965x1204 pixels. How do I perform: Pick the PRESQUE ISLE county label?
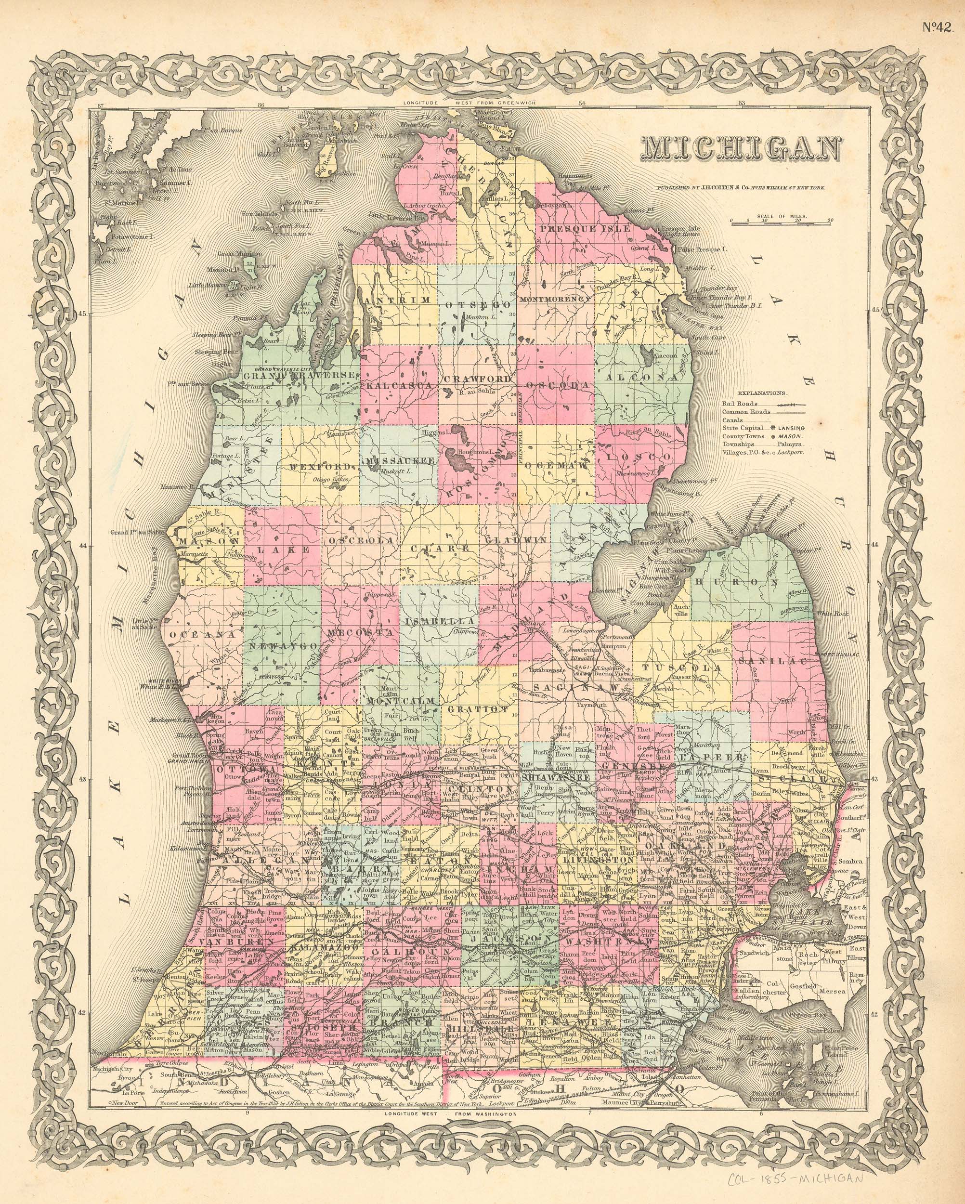point(583,228)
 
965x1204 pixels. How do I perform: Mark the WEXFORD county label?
point(321,466)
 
